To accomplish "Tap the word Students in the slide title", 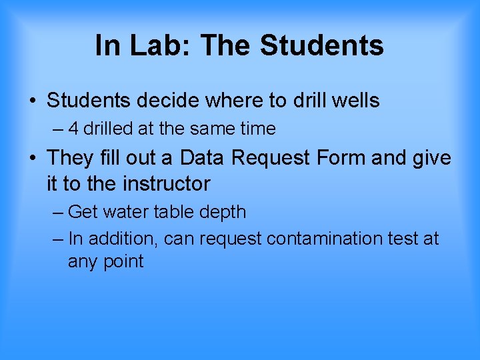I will pyautogui.click(x=322, y=46).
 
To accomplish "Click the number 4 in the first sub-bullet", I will pyautogui.click(x=73, y=129).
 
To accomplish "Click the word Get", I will pyautogui.click(x=83, y=212).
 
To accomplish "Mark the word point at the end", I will pyautogui.click(x=123, y=261).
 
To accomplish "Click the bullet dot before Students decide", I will pyautogui.click(x=33, y=102).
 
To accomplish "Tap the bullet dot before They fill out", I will pyautogui.click(x=33, y=159).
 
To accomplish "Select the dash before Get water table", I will pyautogui.click(x=58, y=212).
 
